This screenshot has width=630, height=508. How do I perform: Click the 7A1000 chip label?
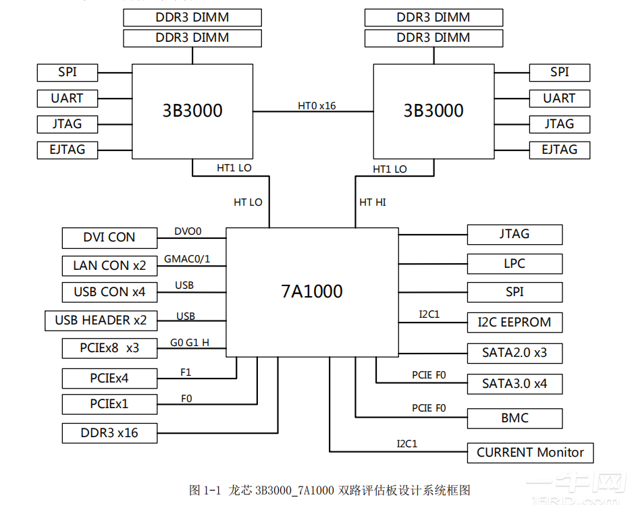[312, 291]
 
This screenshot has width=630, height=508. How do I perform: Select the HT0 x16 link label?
[317, 106]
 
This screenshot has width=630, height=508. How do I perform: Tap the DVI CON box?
[109, 237]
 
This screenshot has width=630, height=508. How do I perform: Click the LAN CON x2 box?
[109, 266]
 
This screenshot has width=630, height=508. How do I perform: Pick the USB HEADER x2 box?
[101, 320]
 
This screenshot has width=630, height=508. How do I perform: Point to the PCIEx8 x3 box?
[109, 349]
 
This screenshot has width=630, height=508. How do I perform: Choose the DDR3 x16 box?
[109, 433]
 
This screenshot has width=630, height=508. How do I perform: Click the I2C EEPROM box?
[515, 322]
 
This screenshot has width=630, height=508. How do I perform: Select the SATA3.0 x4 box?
[515, 384]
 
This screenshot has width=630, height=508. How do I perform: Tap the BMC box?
[515, 418]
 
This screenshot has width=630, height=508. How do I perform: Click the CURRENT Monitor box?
[530, 453]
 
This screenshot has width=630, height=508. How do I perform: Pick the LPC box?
[515, 264]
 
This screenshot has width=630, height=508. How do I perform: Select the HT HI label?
[373, 202]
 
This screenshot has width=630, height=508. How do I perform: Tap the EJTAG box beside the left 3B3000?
[67, 150]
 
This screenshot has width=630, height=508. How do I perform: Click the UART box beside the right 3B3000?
[559, 98]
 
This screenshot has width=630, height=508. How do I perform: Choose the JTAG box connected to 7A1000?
[515, 234]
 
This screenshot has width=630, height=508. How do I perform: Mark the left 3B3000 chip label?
[192, 111]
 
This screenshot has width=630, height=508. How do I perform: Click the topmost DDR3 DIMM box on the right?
[434, 18]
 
